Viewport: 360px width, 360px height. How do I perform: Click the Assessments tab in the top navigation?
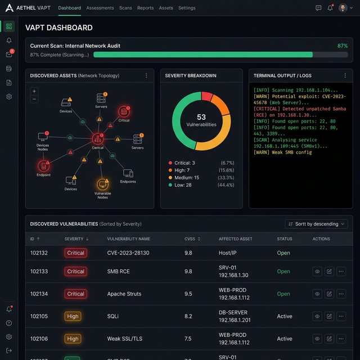100,8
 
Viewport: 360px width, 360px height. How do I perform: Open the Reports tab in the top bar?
145,8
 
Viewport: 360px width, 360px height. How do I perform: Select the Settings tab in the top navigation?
187,8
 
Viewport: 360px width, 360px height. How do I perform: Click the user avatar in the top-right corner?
343,8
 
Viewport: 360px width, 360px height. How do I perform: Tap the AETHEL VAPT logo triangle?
9,8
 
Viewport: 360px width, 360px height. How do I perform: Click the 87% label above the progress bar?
342,46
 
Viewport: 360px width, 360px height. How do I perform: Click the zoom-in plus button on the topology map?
34,91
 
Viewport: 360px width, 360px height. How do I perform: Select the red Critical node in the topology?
124,112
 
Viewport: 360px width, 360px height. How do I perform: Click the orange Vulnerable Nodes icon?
102,184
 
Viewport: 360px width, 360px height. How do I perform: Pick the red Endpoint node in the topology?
44,166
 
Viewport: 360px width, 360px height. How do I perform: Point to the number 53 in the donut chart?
201,117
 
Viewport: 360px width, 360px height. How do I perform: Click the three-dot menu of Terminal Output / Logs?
345,75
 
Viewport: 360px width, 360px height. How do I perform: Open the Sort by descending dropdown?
317,224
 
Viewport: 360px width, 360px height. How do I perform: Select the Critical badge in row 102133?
75,271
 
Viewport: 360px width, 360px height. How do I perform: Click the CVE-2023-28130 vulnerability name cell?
128,253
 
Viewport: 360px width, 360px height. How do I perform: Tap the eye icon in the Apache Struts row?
317,294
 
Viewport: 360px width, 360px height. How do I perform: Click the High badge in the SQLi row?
73,316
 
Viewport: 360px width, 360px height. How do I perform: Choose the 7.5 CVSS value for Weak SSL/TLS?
188,339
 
